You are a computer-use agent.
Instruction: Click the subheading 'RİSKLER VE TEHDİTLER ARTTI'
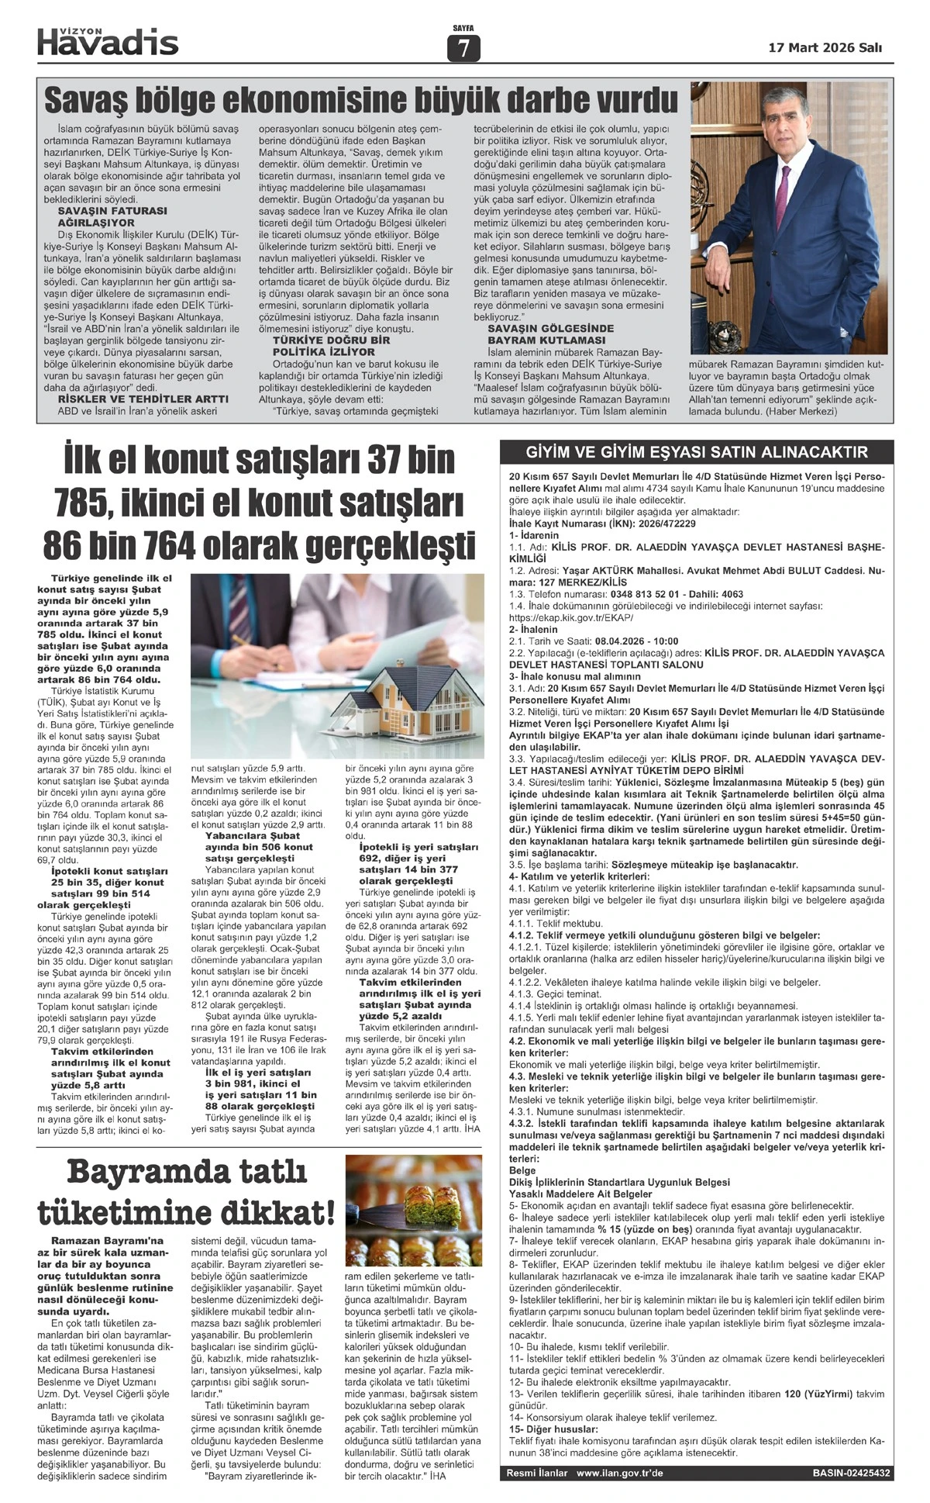click(143, 399)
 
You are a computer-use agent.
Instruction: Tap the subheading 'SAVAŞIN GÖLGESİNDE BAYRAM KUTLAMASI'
click(550, 334)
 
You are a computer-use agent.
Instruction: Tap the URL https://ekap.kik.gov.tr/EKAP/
click(571, 618)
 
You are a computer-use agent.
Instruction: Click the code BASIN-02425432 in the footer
click(851, 1473)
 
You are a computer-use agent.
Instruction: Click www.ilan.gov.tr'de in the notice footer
click(620, 1473)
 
